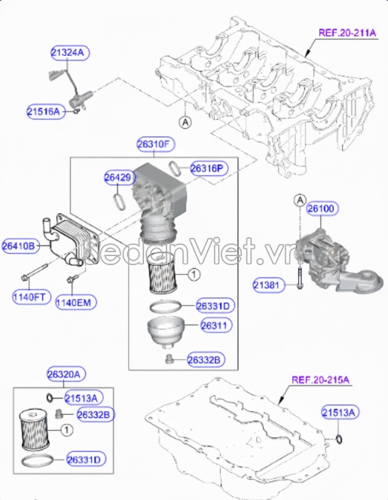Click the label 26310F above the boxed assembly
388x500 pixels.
click(x=155, y=143)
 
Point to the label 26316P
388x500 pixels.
click(x=209, y=168)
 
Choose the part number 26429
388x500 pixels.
click(x=118, y=178)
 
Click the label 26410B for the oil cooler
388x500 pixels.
click(x=21, y=245)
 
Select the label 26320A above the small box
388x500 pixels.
click(x=66, y=373)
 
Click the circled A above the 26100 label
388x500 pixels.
click(x=299, y=200)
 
